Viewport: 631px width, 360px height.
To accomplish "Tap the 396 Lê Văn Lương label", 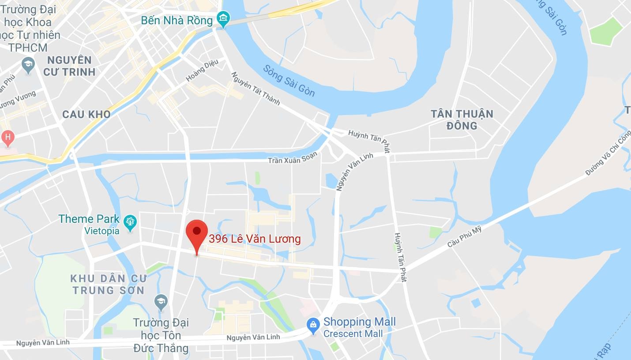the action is click(x=255, y=239).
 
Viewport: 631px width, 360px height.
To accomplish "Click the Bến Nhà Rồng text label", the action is click(x=177, y=20).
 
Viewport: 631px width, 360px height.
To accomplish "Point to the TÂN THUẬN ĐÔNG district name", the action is click(x=462, y=120).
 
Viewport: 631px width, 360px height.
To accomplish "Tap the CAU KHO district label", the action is click(x=86, y=114).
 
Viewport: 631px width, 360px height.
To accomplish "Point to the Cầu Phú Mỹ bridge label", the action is click(x=464, y=236).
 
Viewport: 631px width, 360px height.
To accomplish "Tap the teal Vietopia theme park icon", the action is click(x=130, y=223).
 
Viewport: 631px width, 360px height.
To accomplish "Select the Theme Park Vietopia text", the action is click(x=89, y=224).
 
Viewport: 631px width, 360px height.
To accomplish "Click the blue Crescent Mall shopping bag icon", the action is click(x=313, y=326).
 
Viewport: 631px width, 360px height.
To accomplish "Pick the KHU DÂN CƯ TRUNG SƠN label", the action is click(x=109, y=284).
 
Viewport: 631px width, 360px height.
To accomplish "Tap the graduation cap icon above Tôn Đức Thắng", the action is click(x=161, y=302).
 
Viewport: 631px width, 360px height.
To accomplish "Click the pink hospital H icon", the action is click(x=7, y=139).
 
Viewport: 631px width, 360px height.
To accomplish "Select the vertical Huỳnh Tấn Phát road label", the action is click(x=400, y=257).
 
